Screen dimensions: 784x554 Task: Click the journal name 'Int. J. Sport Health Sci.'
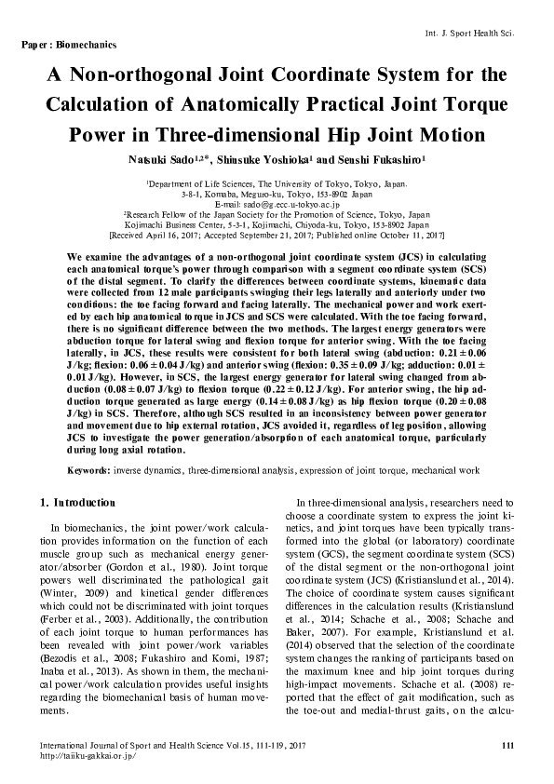(495, 33)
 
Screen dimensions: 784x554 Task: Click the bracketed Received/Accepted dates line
(276, 235)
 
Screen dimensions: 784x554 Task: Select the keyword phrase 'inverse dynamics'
(147, 472)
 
